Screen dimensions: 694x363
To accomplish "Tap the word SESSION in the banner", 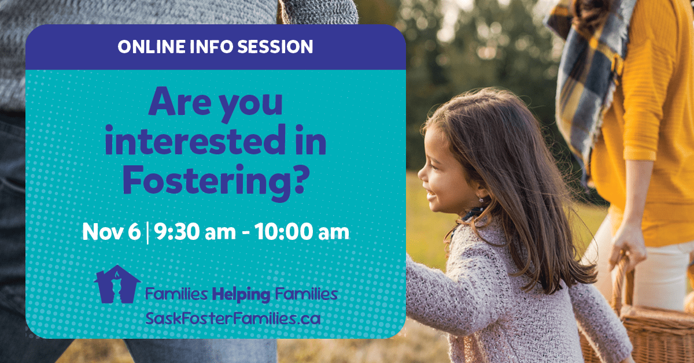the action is [x=275, y=46].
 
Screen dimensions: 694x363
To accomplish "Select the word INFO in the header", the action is [x=211, y=46].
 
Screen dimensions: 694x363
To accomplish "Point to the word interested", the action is [x=195, y=140].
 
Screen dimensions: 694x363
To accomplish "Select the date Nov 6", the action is [x=111, y=232].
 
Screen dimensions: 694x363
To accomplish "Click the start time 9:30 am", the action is [x=195, y=232].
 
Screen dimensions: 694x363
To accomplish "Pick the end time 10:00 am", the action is [x=302, y=232].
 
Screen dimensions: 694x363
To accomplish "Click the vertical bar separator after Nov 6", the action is [x=147, y=233].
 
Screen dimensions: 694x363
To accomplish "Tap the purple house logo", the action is [x=117, y=284].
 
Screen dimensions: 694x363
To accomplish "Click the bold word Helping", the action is [x=241, y=295].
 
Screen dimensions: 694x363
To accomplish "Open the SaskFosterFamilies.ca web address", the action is [x=233, y=318].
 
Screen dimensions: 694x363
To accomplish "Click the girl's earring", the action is [x=481, y=200].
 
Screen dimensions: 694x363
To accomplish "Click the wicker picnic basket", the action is [x=644, y=322].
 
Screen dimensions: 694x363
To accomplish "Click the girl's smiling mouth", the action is [x=431, y=196].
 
